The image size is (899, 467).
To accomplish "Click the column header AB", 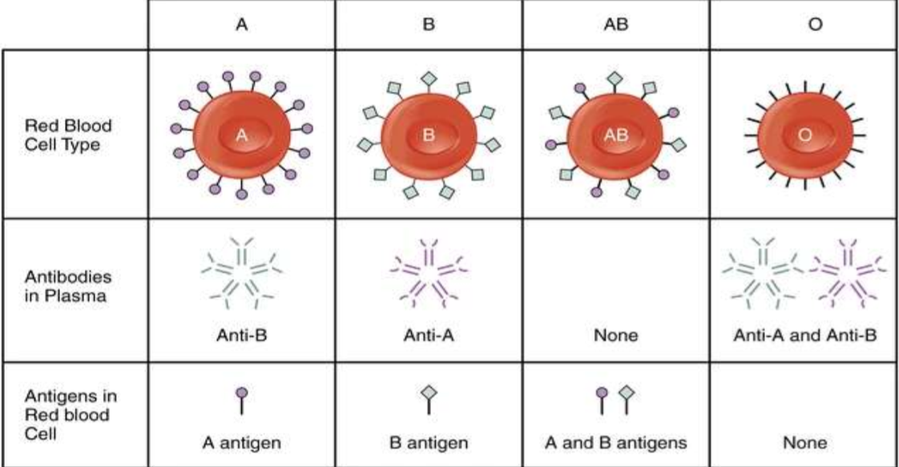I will (615, 24).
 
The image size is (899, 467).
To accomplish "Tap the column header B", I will (428, 24).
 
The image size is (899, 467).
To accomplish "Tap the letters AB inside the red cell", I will (615, 137).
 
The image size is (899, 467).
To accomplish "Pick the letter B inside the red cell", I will (428, 137).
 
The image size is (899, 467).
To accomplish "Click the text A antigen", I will (242, 441).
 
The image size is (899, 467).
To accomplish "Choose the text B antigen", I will (428, 441).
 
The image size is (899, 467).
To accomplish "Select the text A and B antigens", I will (615, 441).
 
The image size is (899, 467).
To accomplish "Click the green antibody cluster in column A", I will (242, 272).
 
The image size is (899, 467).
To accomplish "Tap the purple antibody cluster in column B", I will (428, 272).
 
